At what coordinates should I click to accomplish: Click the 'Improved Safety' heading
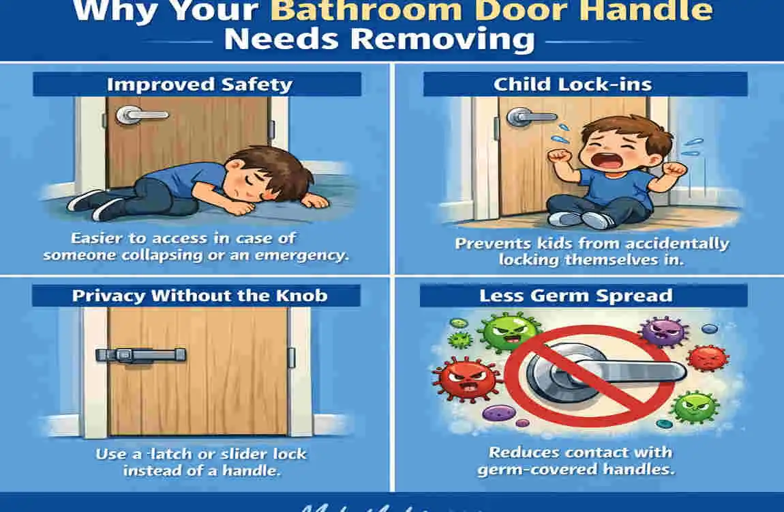199,85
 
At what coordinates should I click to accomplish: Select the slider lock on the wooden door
140,354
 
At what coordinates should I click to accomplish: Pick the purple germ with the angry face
661,332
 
